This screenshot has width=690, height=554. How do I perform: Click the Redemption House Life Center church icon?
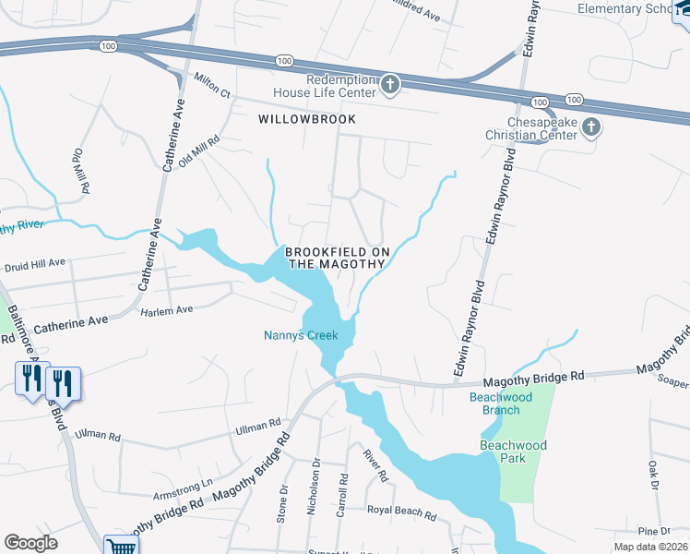(x=390, y=86)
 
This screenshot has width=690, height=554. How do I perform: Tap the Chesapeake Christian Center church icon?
(x=590, y=127)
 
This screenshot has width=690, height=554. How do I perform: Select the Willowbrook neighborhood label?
(x=294, y=120)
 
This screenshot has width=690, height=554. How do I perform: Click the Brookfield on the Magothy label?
(x=336, y=258)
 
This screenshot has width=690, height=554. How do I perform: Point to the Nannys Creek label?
(x=301, y=336)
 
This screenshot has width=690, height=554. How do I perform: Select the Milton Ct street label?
(x=212, y=84)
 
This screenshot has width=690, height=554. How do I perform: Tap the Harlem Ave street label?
(x=166, y=310)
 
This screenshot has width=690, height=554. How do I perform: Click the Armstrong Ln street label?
(x=182, y=482)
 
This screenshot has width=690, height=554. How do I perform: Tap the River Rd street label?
(x=373, y=465)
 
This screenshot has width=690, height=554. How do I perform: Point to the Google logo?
(x=30, y=543)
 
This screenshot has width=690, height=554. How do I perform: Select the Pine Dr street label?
(x=653, y=531)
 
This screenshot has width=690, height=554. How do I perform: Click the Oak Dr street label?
(x=653, y=475)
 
